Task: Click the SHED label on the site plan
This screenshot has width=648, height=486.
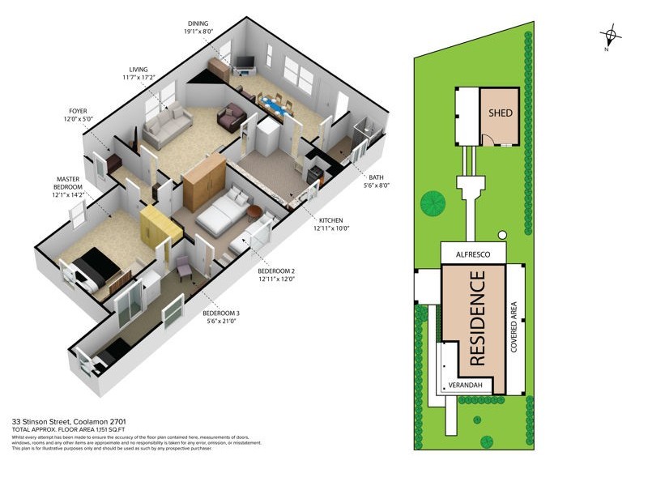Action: point(501,113)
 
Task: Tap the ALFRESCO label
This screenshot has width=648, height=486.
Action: point(474,253)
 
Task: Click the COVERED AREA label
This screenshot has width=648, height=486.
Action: point(514,327)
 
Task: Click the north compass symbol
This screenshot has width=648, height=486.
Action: point(611,35)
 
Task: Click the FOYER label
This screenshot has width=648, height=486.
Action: point(80,114)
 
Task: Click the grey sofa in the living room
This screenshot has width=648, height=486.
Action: point(166,128)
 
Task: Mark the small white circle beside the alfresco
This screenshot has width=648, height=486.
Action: point(502,236)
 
